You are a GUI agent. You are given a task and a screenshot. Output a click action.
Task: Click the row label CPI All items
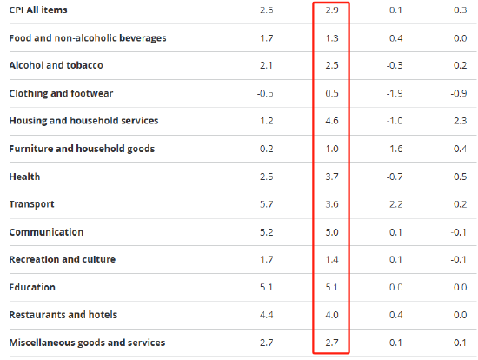(x=38, y=10)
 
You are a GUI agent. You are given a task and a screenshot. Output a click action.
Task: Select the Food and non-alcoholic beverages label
(x=88, y=38)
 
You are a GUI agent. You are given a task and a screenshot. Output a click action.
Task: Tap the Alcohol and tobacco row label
(x=56, y=65)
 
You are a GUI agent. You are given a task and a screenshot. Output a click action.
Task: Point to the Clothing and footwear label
(x=61, y=93)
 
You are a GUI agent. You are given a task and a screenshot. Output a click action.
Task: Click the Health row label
(x=24, y=177)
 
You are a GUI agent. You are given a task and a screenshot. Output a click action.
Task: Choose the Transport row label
(x=31, y=204)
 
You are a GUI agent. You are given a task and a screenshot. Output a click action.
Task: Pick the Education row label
(x=32, y=287)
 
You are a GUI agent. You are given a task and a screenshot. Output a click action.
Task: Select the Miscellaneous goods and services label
(x=87, y=343)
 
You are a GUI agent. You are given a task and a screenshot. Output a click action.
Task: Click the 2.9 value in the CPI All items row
(x=332, y=10)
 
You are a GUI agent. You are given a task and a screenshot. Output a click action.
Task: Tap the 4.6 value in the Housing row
(x=332, y=121)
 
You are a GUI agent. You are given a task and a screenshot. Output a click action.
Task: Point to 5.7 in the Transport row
(x=267, y=204)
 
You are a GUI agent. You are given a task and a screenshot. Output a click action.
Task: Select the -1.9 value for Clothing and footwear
(x=395, y=93)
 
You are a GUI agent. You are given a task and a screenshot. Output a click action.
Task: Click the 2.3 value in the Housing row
(x=461, y=121)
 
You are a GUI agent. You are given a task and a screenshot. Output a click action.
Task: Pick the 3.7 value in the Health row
(x=332, y=177)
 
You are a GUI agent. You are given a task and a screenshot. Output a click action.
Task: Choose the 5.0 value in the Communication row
(x=332, y=232)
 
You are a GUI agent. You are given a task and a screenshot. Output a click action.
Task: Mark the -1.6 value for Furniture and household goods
(x=395, y=149)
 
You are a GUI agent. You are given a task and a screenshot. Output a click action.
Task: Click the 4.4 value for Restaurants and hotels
(x=267, y=315)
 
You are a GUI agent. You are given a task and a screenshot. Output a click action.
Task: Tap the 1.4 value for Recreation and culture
(x=332, y=260)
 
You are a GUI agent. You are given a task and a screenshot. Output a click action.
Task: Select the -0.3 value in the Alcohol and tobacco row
(x=395, y=65)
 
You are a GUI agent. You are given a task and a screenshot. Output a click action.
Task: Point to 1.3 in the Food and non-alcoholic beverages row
(x=332, y=38)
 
